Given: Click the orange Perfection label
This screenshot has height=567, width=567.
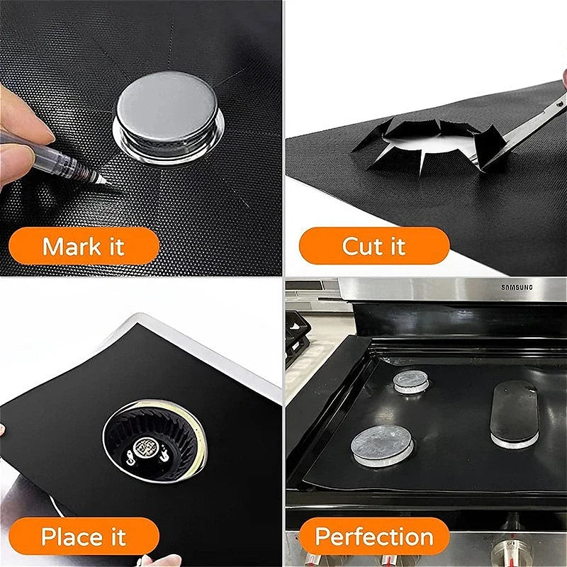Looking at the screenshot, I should click(374, 537).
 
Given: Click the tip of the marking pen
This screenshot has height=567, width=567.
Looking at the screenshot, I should click(106, 182).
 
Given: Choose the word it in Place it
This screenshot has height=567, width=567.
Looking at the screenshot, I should click(116, 537).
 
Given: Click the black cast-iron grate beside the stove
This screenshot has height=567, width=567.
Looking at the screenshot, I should click(297, 337).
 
